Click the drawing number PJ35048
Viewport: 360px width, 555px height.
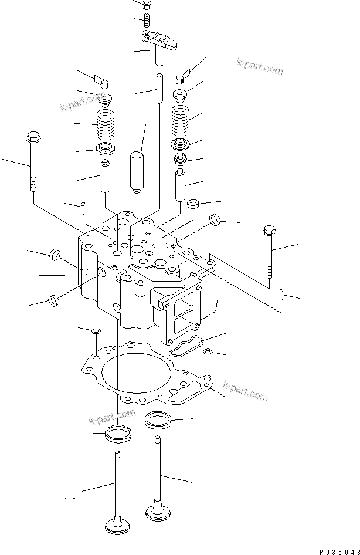(x=338, y=551)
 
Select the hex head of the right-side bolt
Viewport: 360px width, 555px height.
(x=270, y=229)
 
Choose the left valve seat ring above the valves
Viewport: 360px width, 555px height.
(x=117, y=435)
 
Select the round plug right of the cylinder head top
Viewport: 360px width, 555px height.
(x=214, y=221)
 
